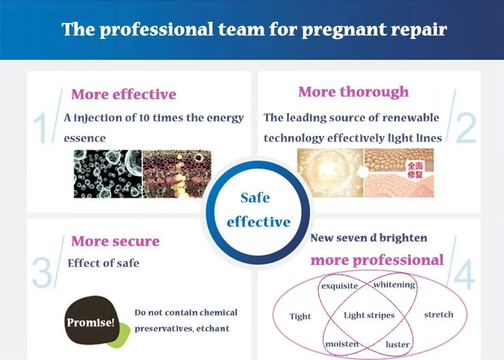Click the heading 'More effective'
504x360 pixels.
[124, 94]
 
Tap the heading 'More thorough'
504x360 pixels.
[353, 92]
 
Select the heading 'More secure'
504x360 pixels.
[115, 241]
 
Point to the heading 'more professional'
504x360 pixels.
[377, 260]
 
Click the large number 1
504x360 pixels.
[40, 128]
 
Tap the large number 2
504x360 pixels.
[466, 128]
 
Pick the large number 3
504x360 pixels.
[42, 272]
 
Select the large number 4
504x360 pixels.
[464, 274]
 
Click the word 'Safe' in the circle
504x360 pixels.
[255, 198]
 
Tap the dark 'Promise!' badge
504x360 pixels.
[91, 320]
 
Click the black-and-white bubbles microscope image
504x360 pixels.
[108, 174]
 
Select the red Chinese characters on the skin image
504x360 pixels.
[415, 170]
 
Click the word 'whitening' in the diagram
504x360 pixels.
[394, 285]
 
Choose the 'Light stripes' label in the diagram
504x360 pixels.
[369, 315]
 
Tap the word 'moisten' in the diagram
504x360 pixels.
[342, 344]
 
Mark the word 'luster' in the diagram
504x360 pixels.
[397, 344]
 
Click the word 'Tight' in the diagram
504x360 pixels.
[300, 316]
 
